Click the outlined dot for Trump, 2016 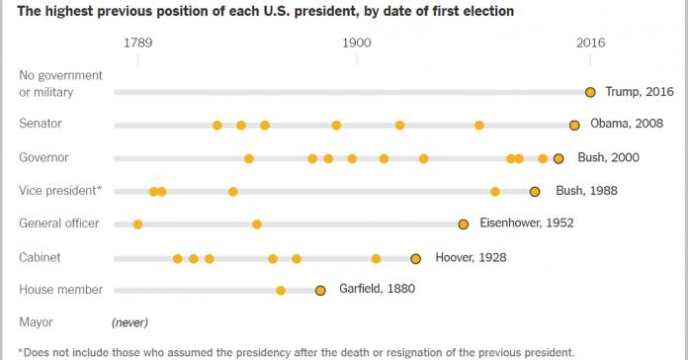[x=590, y=92]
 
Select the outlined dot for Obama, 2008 [x=574, y=125]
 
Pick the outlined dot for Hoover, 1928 [x=416, y=258]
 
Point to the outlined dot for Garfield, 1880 [x=320, y=291]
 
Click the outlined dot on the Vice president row [x=535, y=192]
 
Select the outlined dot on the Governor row [x=559, y=158]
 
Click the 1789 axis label [x=137, y=44]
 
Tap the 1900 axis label [x=357, y=44]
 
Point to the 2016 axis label [x=590, y=44]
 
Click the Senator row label [x=41, y=124]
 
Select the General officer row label [x=59, y=224]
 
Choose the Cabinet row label [x=40, y=257]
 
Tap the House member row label [x=60, y=290]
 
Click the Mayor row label [x=36, y=322]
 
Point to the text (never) [x=129, y=322]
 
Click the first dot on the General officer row [x=137, y=225]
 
